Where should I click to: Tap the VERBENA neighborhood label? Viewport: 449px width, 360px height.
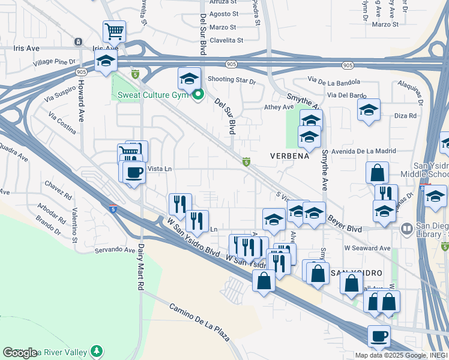[x=289, y=156]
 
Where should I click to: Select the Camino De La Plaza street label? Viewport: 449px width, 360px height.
[x=199, y=322]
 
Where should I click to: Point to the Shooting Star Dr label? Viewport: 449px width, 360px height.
[x=232, y=79]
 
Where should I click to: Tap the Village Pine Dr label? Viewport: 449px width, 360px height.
[x=55, y=62]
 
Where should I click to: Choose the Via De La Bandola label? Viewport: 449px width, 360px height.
[x=336, y=79]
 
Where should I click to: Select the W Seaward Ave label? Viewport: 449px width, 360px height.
[x=367, y=248]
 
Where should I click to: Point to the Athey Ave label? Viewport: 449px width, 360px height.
[x=279, y=107]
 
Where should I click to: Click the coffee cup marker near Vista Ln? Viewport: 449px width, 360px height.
[x=134, y=172]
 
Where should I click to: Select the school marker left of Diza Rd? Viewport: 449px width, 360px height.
[x=369, y=110]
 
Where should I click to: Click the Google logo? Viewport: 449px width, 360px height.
[x=20, y=353]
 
